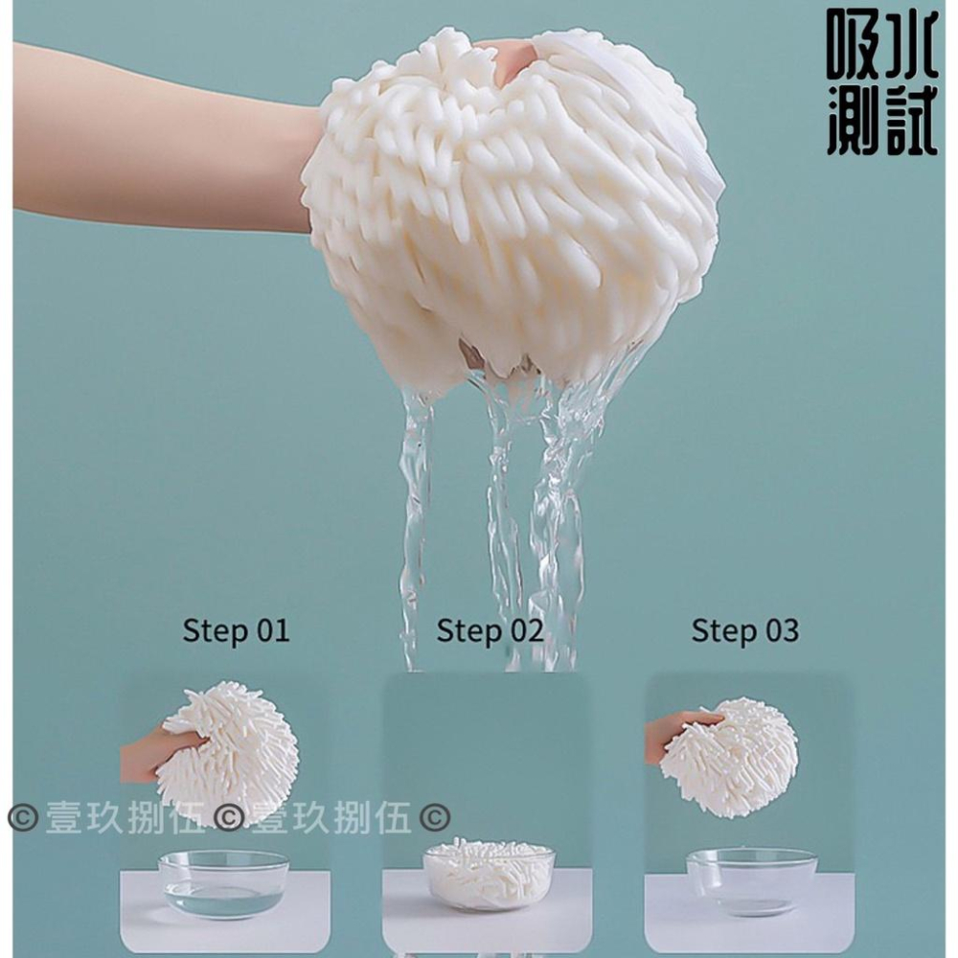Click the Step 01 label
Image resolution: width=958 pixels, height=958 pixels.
pos(236,630)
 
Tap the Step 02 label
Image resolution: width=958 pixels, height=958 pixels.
pos(490,630)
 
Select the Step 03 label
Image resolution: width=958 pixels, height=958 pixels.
pos(744,630)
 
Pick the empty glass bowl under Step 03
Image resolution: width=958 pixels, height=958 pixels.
pos(751,879)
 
